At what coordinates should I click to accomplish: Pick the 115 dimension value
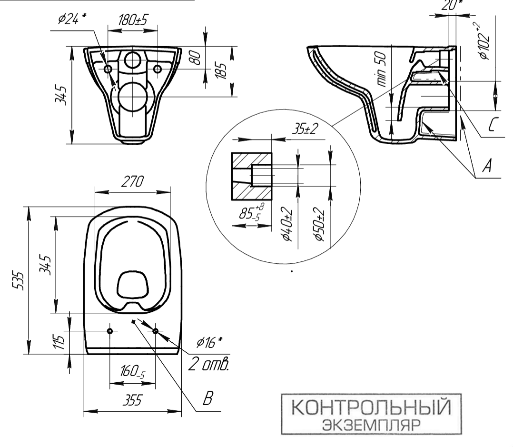tap(59, 342)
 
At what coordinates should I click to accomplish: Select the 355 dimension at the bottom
tap(132, 401)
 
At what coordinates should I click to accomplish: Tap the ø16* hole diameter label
tap(210, 342)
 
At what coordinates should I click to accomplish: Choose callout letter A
tap(486, 166)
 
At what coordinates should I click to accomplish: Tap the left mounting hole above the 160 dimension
tap(110, 331)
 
